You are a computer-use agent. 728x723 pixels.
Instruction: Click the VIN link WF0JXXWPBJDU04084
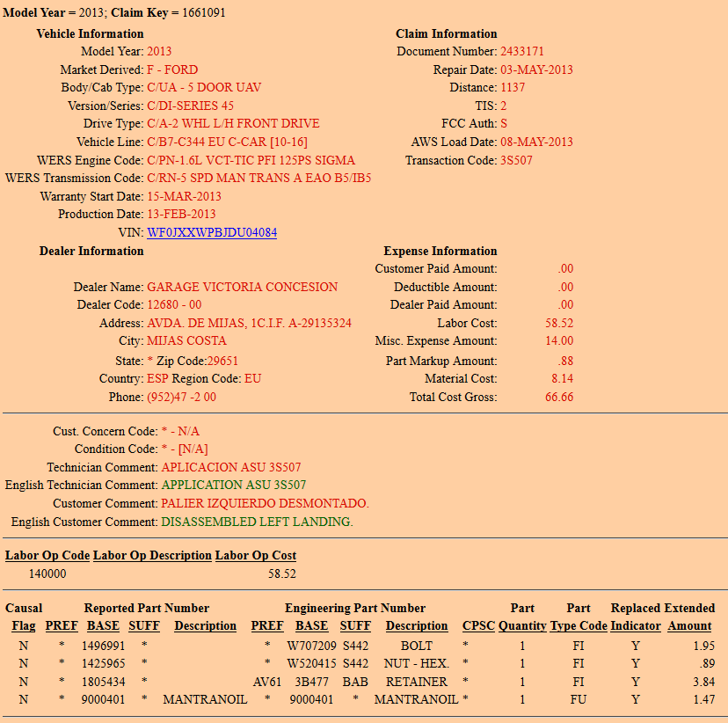[x=212, y=233]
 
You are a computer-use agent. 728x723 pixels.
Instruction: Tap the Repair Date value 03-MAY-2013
[x=536, y=69]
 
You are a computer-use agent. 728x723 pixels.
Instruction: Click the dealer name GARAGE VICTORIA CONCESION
[x=242, y=287]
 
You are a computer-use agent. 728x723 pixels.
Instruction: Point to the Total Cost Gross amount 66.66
[x=559, y=397]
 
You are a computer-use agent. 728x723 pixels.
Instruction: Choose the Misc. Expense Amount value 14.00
[x=559, y=340]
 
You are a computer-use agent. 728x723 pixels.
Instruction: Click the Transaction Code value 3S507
[x=516, y=160]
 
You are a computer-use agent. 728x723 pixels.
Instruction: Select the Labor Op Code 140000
[x=47, y=573]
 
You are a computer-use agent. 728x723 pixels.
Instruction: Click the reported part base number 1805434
[x=105, y=682]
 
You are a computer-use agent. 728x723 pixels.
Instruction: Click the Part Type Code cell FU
[x=578, y=699]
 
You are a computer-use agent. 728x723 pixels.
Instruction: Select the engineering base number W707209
[x=312, y=646]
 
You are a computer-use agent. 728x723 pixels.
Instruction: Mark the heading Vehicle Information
[x=90, y=33]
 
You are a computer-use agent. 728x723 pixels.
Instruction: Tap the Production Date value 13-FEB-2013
[x=181, y=215]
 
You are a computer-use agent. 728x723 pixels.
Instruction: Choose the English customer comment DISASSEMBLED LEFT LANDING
[x=257, y=522]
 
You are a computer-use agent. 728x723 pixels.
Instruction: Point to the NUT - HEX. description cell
[x=416, y=663]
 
